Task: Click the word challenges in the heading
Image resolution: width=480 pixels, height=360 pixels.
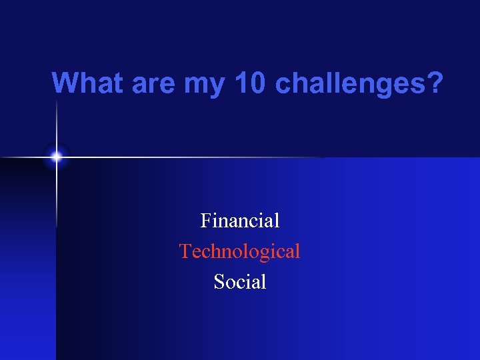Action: [350, 83]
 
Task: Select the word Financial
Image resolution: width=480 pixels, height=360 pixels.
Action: [240, 220]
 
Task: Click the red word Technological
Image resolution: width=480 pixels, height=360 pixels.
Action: [240, 251]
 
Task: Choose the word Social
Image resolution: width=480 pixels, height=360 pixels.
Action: [240, 282]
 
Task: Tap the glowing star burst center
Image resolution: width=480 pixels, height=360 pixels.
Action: [57, 157]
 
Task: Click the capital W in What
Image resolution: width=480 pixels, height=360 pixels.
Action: [65, 83]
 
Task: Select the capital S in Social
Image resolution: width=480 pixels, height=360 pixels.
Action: [219, 282]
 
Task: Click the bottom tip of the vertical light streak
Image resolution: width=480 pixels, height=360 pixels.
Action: [57, 227]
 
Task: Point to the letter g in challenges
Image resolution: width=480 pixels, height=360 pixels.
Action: [386, 86]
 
